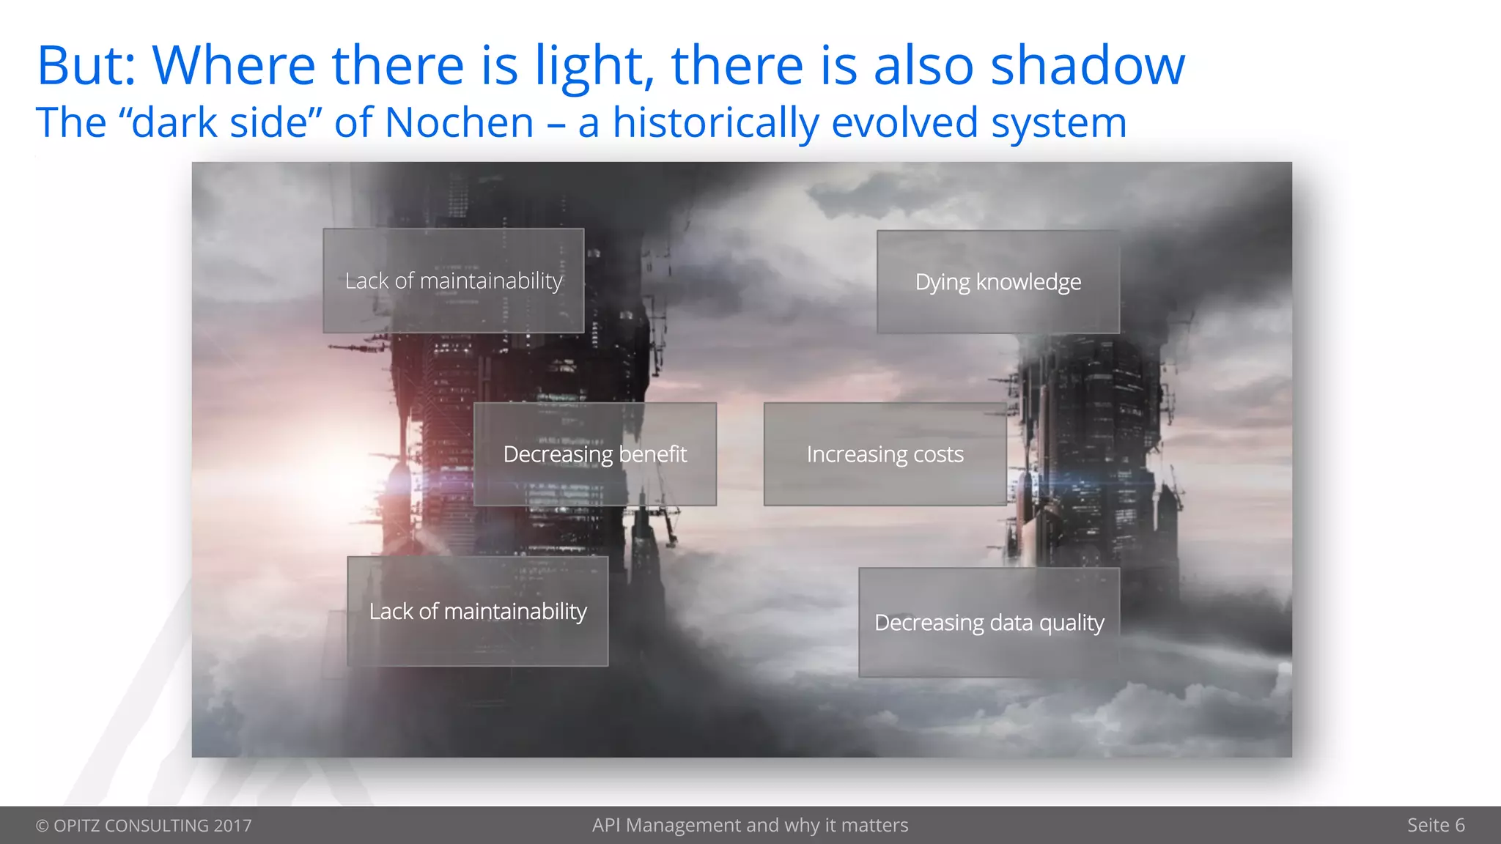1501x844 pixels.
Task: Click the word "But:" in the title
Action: (x=86, y=66)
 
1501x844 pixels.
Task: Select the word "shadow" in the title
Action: (x=1088, y=66)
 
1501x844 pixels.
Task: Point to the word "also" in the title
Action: (x=923, y=66)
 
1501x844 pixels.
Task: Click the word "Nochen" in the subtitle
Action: (x=460, y=122)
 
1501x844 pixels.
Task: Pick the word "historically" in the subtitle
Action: (x=715, y=122)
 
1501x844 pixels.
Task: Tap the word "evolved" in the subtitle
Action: (x=905, y=122)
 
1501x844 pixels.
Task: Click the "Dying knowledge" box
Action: (x=998, y=282)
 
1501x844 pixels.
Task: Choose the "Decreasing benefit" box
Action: (x=594, y=454)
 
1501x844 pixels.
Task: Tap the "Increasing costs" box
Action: (x=885, y=454)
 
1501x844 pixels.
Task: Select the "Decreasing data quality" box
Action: (x=989, y=622)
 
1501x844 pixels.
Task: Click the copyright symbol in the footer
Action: (x=43, y=826)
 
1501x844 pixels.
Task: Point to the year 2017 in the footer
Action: (x=232, y=826)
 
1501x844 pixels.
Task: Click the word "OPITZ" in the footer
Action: (x=77, y=826)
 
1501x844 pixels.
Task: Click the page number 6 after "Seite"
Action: (x=1459, y=826)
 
